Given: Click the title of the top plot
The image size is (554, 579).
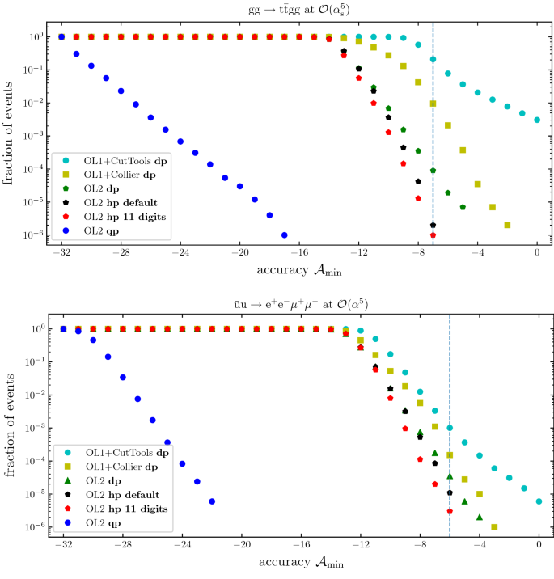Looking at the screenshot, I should click(299, 9).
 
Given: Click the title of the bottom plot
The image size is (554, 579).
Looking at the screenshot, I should click(299, 303).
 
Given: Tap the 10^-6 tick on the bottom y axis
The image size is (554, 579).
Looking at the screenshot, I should click(35, 527).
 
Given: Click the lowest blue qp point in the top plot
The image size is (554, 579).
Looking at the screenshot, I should click(284, 235).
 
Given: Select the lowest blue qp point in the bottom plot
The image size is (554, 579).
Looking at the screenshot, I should click(212, 501).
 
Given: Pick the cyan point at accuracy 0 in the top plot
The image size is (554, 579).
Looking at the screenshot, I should click(537, 120).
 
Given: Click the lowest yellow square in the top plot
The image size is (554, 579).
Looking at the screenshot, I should click(507, 225).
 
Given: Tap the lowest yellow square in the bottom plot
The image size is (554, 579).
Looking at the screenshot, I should click(494, 526).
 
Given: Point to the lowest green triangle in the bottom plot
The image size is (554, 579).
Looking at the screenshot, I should click(480, 517).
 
